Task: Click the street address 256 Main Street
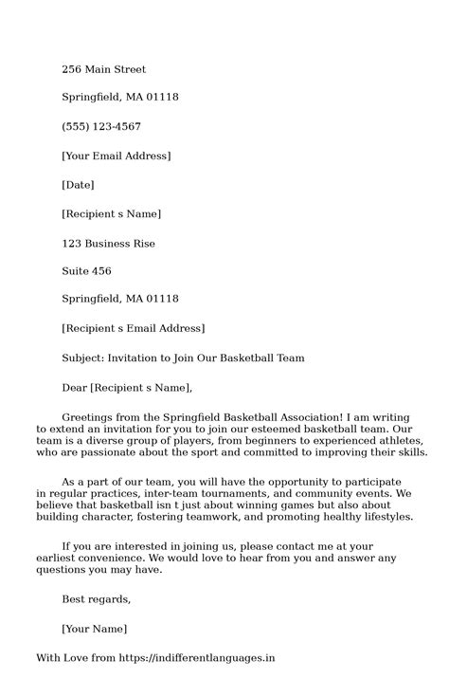(x=104, y=69)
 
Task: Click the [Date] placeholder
(x=78, y=185)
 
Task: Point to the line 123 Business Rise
(x=108, y=243)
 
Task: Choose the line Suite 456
(x=86, y=271)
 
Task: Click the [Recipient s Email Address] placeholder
(x=133, y=329)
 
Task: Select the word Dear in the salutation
(x=74, y=387)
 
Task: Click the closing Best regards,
(x=96, y=599)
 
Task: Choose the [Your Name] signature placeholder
(x=94, y=628)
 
